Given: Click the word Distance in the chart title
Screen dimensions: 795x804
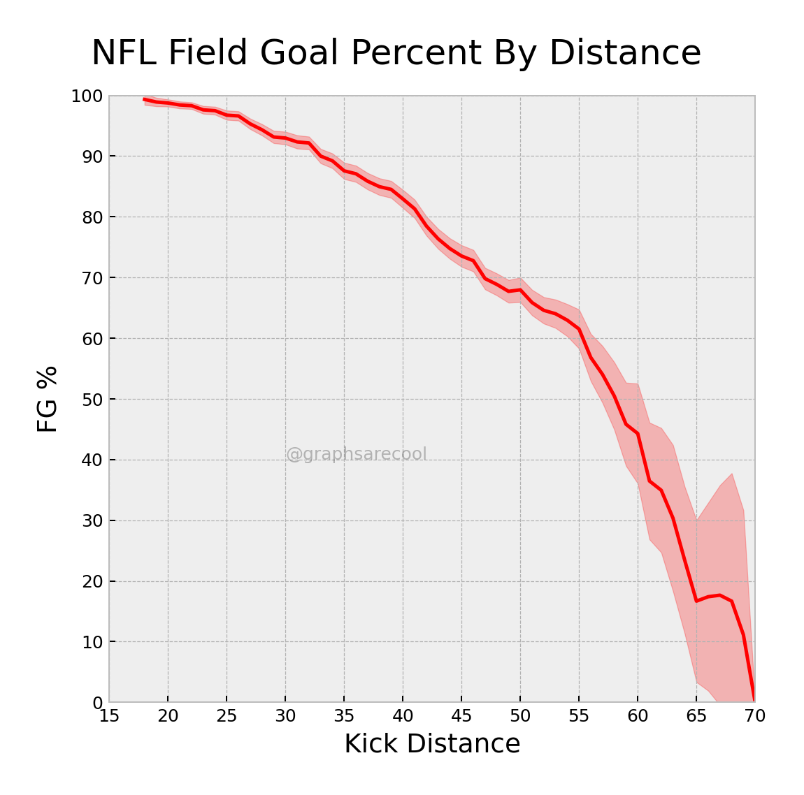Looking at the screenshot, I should coord(624,53).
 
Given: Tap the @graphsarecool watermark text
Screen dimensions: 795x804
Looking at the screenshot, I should coord(356,455).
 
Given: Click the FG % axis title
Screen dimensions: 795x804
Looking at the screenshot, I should coord(48,399).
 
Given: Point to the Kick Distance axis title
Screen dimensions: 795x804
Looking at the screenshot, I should coord(432,744).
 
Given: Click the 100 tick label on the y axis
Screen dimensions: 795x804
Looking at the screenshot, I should coord(87,96).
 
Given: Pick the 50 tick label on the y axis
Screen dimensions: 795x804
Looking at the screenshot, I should coord(92,400).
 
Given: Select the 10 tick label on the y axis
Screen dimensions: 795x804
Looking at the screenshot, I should coord(92,642).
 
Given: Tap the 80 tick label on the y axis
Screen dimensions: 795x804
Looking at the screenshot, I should coord(92,217).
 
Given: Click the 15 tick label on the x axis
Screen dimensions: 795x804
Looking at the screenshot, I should coord(109,717).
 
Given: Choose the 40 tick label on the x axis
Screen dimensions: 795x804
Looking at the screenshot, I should coord(403,717).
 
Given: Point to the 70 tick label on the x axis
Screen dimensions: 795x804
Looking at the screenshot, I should coord(755,717).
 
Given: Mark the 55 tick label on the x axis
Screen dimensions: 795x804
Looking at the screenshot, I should coord(579,717).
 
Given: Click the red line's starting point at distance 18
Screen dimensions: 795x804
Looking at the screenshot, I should coord(145,99).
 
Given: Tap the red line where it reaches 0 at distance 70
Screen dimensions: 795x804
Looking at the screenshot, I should coord(754,701).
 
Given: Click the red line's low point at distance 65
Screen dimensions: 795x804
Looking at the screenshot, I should coord(696,601).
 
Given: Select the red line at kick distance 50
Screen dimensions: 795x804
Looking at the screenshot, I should coord(520,290).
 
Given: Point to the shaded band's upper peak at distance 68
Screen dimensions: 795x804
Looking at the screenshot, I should coord(731,474).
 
